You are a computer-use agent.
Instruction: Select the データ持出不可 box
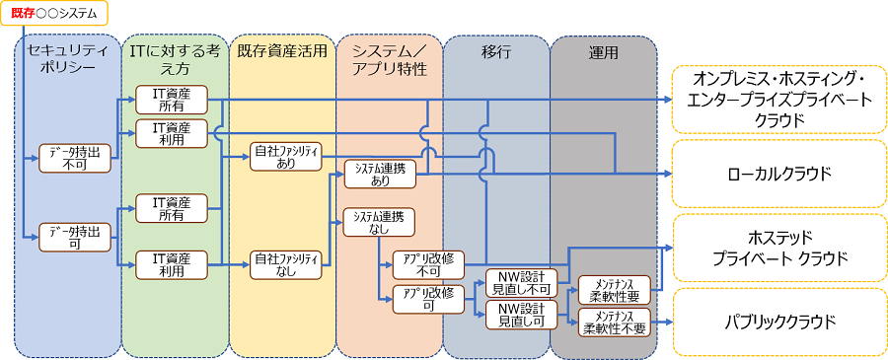[75, 158]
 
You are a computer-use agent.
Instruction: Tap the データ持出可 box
[75, 238]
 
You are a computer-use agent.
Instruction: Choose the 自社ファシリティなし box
[287, 264]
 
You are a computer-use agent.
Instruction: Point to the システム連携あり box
[380, 175]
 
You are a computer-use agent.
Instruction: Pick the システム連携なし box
[380, 221]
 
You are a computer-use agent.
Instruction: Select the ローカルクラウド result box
[778, 174]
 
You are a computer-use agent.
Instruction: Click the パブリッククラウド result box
[778, 322]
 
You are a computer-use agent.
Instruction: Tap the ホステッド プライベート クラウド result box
[778, 249]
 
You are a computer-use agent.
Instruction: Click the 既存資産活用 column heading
[281, 50]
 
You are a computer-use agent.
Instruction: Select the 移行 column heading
[495, 50]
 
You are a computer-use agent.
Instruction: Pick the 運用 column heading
[602, 50]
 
